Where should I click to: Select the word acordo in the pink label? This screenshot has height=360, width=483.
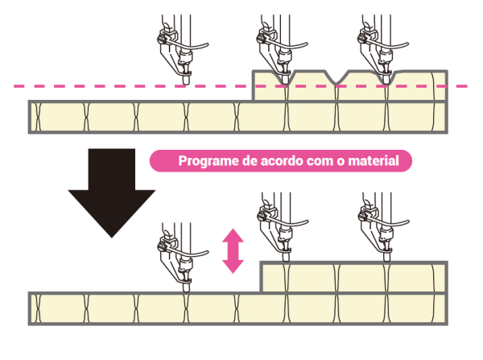click(279, 161)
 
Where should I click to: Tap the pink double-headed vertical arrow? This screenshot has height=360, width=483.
click(233, 250)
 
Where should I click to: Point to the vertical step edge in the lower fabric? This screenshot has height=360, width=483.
click(260, 278)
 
